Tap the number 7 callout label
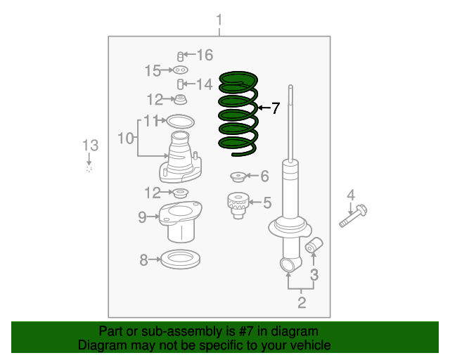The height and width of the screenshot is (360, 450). tap(276, 108)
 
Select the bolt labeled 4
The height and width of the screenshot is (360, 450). tap(356, 214)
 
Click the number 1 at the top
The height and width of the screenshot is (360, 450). tap(219, 20)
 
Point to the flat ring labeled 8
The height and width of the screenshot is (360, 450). tap(180, 259)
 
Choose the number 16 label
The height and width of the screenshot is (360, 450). tap(204, 55)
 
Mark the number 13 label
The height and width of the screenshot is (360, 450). tap(89, 146)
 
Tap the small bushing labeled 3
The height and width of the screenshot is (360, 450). tap(314, 245)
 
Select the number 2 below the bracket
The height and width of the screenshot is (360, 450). tap(302, 303)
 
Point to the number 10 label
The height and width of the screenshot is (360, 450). tap(125, 139)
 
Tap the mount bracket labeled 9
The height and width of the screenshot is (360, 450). tap(181, 219)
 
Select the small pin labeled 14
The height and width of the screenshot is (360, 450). tap(181, 84)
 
